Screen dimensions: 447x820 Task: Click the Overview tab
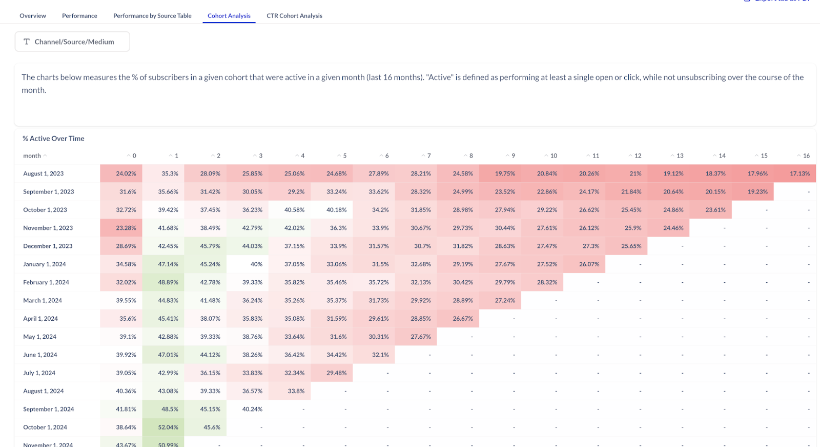click(x=33, y=16)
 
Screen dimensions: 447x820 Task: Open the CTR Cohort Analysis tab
click(x=294, y=16)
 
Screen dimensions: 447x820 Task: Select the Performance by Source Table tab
click(x=152, y=16)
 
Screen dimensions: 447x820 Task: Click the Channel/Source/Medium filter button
click(x=72, y=42)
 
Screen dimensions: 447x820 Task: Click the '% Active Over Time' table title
click(x=53, y=139)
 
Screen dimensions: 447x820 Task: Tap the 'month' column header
click(x=32, y=156)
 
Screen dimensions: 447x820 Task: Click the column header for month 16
click(x=806, y=156)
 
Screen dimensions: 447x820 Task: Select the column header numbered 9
click(x=512, y=156)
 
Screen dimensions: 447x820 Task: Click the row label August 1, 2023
click(x=44, y=173)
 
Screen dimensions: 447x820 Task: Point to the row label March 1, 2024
click(x=43, y=300)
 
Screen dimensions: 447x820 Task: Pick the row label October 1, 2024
click(x=45, y=427)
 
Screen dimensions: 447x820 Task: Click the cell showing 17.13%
click(x=799, y=173)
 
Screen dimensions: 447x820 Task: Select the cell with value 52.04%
click(x=168, y=427)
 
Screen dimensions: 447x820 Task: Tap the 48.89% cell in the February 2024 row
click(x=168, y=282)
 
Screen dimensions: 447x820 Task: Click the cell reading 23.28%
click(x=126, y=228)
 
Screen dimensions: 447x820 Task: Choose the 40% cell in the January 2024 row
click(x=256, y=264)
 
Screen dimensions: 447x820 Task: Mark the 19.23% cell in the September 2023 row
click(x=757, y=191)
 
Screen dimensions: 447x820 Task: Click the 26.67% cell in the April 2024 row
click(x=463, y=319)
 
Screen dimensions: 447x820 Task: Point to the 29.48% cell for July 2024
click(x=336, y=373)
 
